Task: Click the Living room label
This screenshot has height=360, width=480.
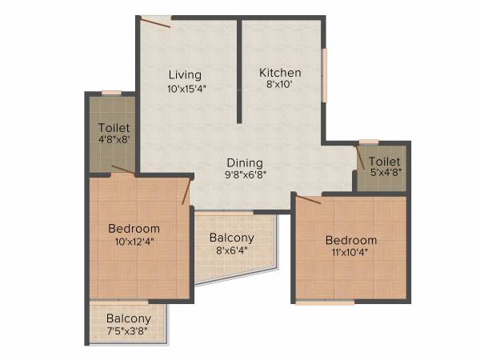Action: [185, 75]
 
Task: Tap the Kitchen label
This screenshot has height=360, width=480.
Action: [280, 73]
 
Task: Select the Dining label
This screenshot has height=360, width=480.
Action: [244, 159]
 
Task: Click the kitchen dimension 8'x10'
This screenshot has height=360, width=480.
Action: [280, 86]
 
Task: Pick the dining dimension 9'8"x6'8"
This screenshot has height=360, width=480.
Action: [244, 173]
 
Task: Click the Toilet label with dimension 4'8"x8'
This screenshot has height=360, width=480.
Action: [114, 127]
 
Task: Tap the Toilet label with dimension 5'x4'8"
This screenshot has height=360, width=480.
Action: [384, 162]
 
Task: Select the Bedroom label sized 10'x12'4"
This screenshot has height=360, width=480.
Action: [134, 228]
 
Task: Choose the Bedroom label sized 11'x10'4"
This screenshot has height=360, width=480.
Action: [350, 240]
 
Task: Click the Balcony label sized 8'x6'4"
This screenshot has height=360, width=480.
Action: [231, 238]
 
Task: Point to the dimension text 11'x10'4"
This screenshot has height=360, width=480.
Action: [350, 254]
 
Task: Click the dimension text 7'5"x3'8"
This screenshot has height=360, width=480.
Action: [128, 330]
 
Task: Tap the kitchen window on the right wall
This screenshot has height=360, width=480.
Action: [325, 76]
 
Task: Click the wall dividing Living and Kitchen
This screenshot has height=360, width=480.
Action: [239, 72]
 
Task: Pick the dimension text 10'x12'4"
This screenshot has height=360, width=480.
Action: [134, 242]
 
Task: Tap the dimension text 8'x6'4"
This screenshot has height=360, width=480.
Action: [231, 251]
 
